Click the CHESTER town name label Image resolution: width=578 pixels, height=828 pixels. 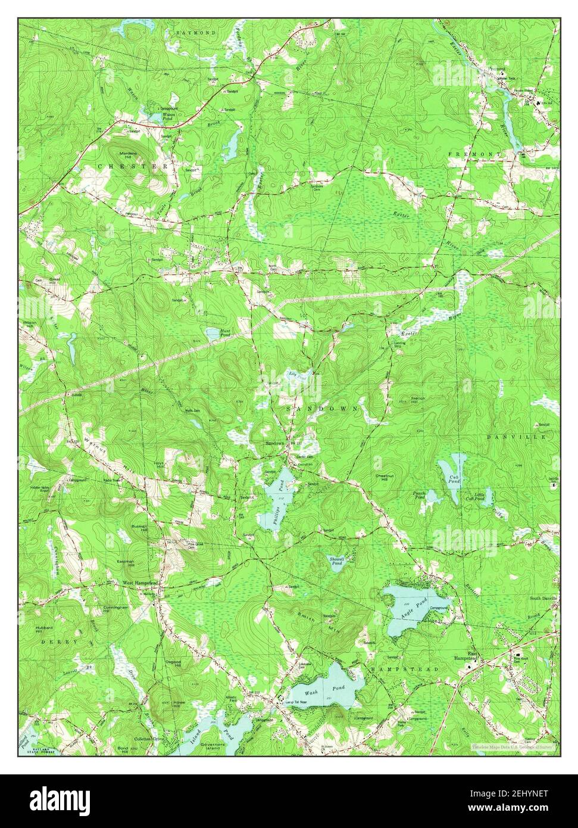(133, 166)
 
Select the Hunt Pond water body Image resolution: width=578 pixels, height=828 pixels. (212, 334)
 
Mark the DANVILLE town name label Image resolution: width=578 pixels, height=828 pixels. (515, 437)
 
